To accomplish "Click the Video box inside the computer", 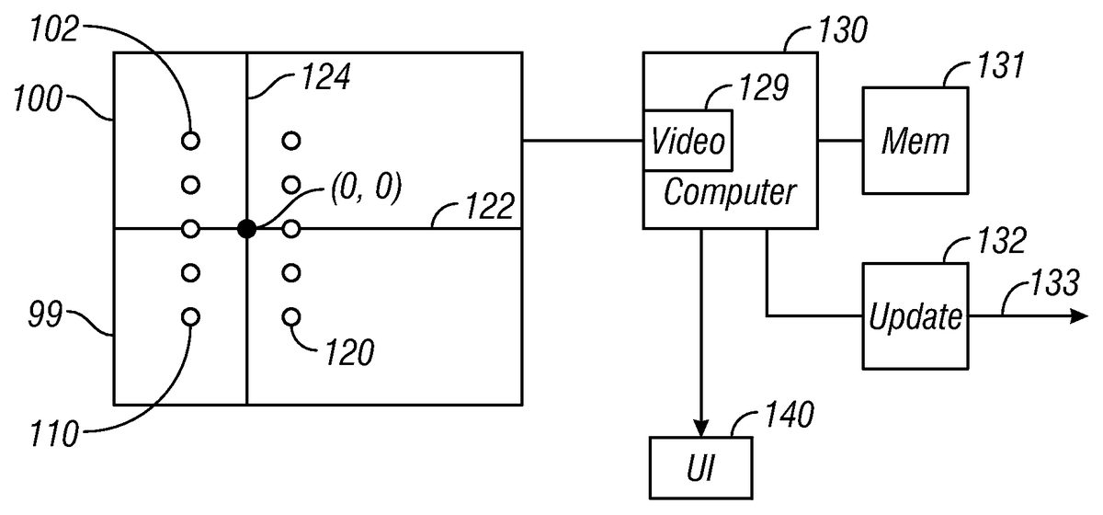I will coord(688,141).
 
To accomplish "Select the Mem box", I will coord(915,141).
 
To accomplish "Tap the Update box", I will coord(915,316).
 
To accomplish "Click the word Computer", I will coord(729,194).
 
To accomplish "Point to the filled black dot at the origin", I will coord(246,229).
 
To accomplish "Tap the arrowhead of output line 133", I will coord(1075,316).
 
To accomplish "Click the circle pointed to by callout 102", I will coord(190,141).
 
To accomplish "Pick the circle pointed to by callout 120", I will coord(291,317).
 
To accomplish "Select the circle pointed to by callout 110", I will coord(190,317).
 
